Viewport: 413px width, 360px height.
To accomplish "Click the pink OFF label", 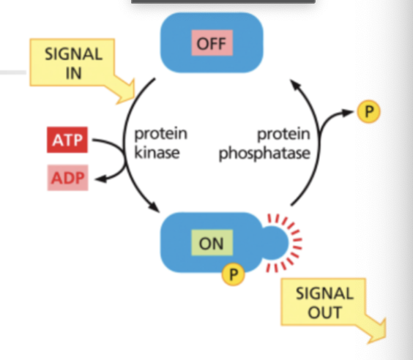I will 211,44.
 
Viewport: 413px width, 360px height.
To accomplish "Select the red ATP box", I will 65,140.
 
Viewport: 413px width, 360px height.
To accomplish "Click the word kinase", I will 157,154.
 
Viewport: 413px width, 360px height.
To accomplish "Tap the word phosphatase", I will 264,154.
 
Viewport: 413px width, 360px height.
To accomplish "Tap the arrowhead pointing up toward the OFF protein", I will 295,84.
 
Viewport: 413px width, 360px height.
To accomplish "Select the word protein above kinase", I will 160,135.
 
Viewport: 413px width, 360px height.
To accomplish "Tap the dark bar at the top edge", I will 223,2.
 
